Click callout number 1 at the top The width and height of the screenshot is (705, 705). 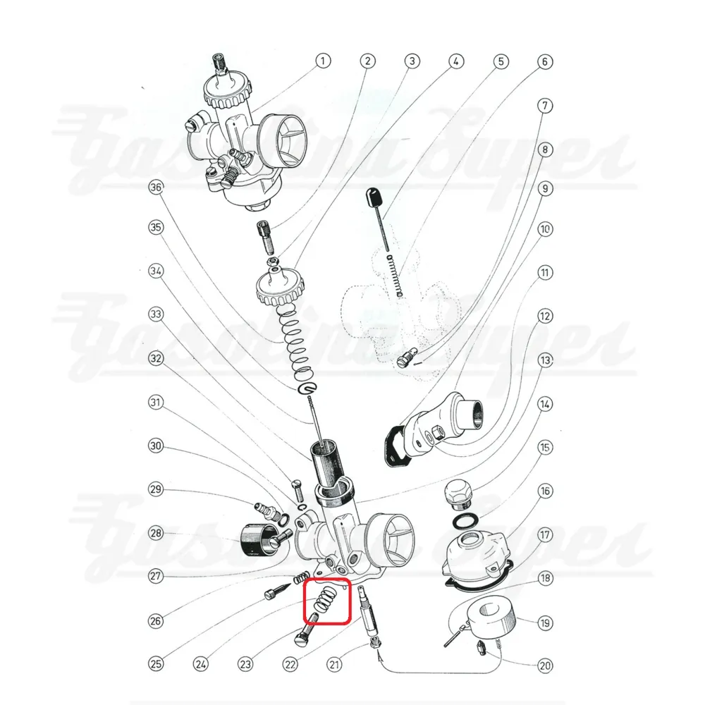point(322,61)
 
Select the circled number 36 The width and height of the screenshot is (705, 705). point(156,187)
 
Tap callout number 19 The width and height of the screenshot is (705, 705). point(545,623)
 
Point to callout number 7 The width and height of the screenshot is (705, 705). point(545,106)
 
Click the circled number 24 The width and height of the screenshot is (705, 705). point(200,663)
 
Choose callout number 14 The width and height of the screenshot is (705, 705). point(545,404)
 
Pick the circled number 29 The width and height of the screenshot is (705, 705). point(156,489)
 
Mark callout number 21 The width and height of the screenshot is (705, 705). point(334,663)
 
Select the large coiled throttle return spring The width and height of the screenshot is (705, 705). point(295,340)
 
